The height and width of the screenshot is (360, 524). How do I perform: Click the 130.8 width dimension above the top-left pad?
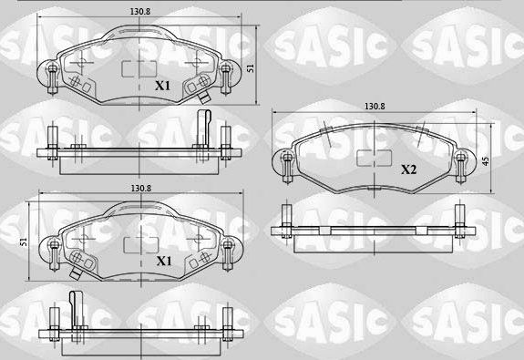(x=139, y=12)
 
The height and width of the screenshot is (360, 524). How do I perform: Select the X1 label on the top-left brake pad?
(x=162, y=86)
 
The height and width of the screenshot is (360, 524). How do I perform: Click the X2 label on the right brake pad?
(x=408, y=170)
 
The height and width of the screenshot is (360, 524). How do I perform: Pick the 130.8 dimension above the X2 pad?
(x=375, y=107)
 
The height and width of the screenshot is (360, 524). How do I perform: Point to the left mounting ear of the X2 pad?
(x=283, y=162)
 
